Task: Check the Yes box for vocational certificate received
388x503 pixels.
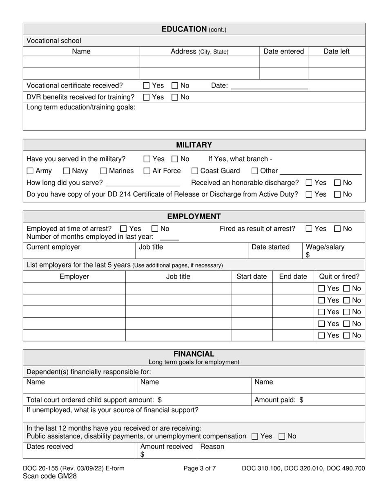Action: click(146, 86)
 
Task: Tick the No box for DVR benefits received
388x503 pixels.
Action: click(175, 97)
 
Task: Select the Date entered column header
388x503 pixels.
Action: click(283, 52)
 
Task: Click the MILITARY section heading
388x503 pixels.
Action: click(194, 145)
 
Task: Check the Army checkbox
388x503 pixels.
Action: click(30, 171)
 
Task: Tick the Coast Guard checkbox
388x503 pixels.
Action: click(195, 171)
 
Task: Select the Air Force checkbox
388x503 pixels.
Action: click(147, 171)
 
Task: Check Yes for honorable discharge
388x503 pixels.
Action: click(309, 183)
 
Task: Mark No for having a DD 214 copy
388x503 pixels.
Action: click(337, 195)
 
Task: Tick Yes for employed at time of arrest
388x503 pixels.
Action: click(123, 229)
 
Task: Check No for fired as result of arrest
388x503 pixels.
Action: click(337, 229)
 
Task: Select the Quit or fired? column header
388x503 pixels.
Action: click(339, 276)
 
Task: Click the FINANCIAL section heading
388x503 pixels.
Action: click(194, 354)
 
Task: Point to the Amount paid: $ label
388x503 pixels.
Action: click(279, 400)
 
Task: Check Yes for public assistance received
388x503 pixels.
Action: click(255, 436)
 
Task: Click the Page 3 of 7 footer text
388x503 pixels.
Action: click(200, 469)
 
